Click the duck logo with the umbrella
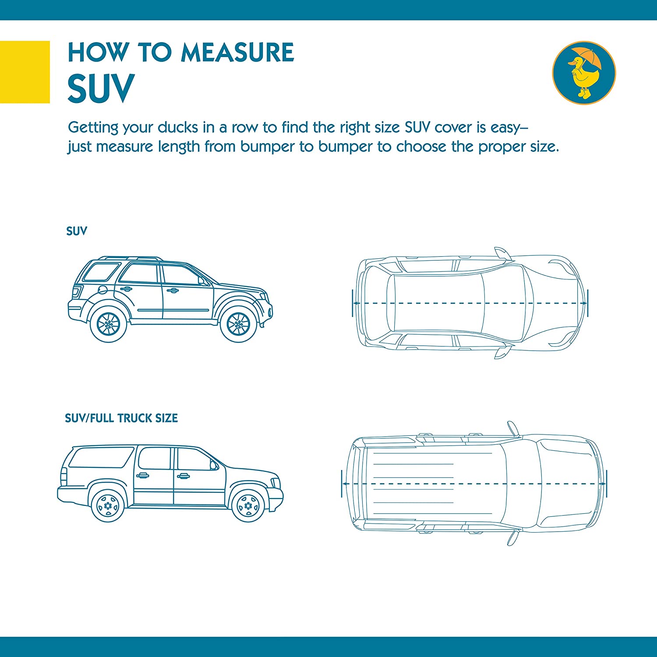tap(584, 73)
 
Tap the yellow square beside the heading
tap(25, 72)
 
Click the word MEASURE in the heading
tap(237, 53)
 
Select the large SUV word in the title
tap(101, 88)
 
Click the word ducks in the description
tap(178, 127)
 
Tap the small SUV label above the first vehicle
tap(77, 231)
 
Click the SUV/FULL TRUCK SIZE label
tap(121, 418)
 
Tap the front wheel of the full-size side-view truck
tap(248, 506)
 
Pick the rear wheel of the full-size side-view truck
tap(108, 506)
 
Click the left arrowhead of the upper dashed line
tap(356, 303)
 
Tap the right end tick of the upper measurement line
tap(587, 303)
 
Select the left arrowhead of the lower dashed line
tap(345, 484)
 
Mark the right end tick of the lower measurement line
tap(607, 484)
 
